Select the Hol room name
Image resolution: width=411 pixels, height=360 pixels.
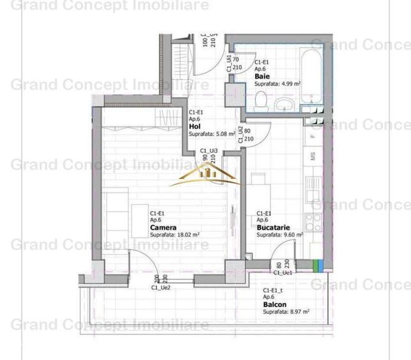pos(195,127)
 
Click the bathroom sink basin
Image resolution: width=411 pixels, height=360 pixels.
pos(283,104)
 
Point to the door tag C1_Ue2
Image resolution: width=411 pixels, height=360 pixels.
pos(160,288)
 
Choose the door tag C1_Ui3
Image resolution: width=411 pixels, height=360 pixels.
pos(209,150)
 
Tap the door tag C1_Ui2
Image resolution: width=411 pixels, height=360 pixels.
pos(240,134)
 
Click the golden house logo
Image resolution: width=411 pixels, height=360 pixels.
pos(206,171)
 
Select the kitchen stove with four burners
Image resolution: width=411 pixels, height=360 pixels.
pos(314,221)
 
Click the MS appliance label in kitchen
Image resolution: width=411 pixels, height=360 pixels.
pos(313,155)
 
